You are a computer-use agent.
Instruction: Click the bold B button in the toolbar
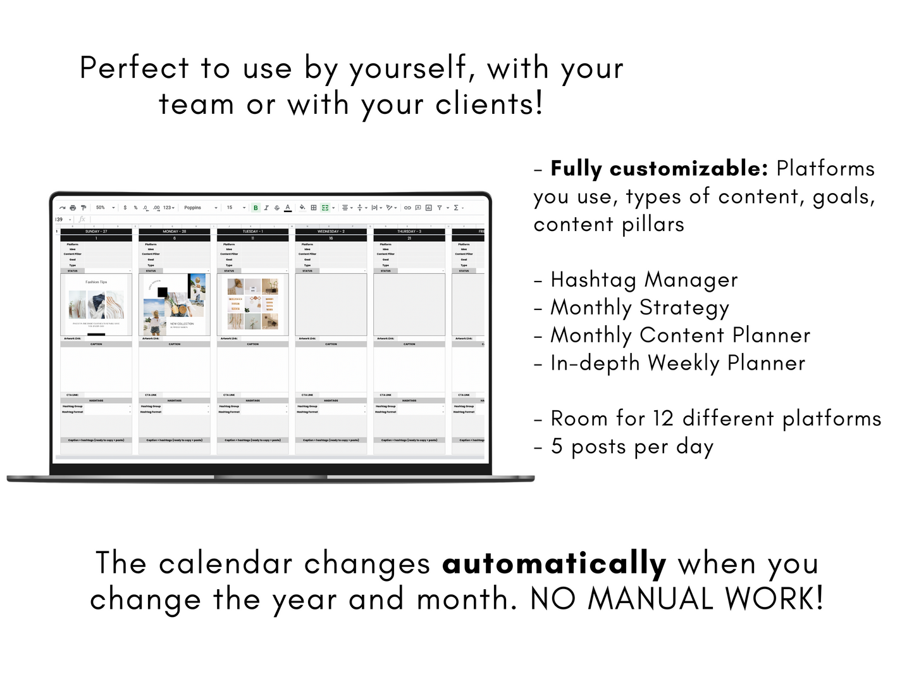(x=256, y=208)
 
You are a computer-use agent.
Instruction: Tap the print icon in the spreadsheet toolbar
(x=73, y=208)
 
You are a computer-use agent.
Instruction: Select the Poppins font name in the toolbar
(x=193, y=208)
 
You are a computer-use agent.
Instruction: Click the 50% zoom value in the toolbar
(x=101, y=208)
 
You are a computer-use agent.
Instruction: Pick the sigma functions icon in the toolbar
(x=456, y=208)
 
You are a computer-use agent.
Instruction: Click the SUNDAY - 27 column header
(x=96, y=232)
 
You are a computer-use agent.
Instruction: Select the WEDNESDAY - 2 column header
(x=331, y=232)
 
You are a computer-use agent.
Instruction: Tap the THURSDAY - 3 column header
(x=409, y=232)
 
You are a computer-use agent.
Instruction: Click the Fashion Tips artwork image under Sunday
(x=96, y=304)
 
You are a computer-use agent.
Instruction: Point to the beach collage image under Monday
(x=175, y=304)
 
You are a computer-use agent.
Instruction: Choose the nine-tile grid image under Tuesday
(x=253, y=304)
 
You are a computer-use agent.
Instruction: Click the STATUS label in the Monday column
(x=151, y=271)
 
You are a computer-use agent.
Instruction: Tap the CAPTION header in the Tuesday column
(x=253, y=344)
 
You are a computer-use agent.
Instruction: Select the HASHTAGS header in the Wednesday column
(x=331, y=401)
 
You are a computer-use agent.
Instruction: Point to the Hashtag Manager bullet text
(x=644, y=280)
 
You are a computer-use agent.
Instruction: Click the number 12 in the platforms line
(x=664, y=418)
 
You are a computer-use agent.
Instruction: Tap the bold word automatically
(x=554, y=563)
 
